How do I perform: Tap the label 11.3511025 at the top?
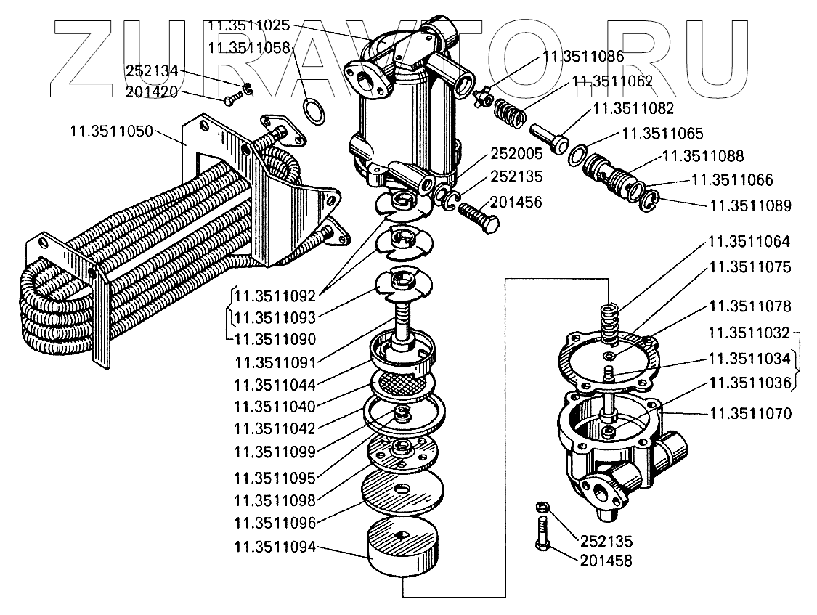249,25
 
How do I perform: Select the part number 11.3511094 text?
275,547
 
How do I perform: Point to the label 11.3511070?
750,414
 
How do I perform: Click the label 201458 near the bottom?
606,561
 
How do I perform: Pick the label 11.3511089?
751,205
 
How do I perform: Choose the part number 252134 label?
152,71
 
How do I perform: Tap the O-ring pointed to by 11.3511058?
313,111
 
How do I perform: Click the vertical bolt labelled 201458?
542,537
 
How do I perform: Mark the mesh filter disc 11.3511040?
402,383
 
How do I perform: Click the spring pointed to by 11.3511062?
508,113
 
